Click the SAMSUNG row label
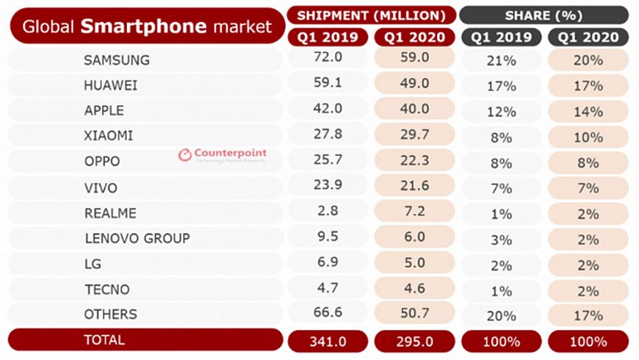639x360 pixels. [x=117, y=60]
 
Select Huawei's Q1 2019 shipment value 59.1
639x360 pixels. [x=328, y=85]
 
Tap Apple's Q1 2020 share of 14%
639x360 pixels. [x=588, y=112]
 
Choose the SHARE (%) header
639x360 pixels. [x=544, y=15]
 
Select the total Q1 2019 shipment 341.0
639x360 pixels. [x=328, y=341]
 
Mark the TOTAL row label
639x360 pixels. [x=104, y=339]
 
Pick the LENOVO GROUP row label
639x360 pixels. [x=137, y=238]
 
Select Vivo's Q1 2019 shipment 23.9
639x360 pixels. [x=328, y=187]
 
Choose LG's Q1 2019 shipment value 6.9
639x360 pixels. [x=328, y=263]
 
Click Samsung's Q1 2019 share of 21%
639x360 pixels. [x=501, y=61]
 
